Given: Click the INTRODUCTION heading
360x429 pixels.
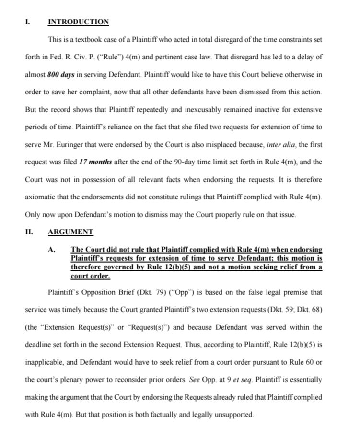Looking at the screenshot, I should (79, 22).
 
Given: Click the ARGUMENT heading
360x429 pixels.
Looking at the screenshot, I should (71, 232).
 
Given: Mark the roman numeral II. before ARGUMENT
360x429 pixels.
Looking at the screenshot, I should (29, 232).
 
